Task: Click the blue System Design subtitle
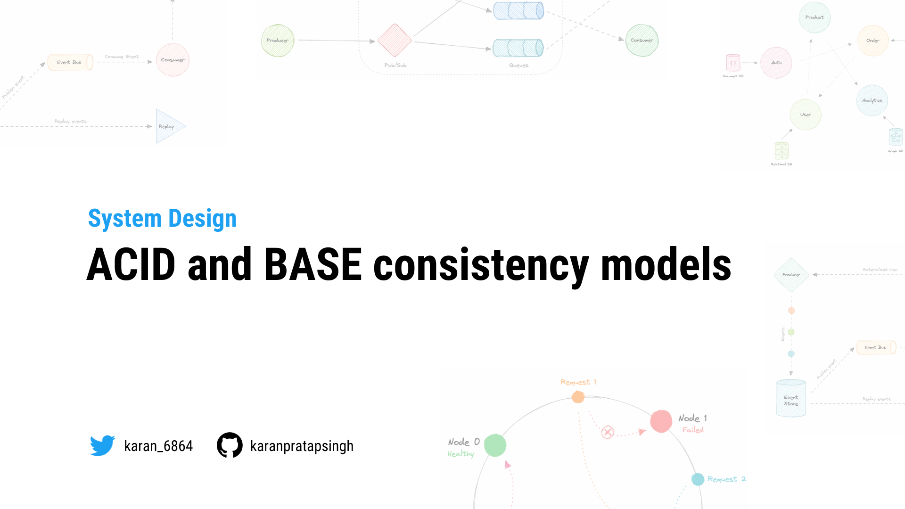162,219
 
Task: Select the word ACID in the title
131,264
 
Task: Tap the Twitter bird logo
102,445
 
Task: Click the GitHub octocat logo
230,445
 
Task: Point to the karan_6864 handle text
158,446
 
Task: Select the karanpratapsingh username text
302,446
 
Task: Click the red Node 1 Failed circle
661,421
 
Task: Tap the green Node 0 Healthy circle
495,445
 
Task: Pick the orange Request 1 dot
578,397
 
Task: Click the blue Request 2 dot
698,479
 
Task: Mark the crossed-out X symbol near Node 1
608,432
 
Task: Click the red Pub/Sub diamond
395,40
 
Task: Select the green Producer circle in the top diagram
278,41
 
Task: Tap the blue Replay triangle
169,126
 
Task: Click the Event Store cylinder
791,399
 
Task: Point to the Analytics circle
872,100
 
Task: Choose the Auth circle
776,63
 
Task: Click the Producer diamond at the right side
791,275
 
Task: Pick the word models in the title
666,264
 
